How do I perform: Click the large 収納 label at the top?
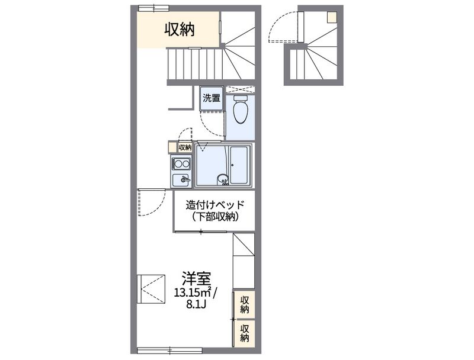tap(179, 28)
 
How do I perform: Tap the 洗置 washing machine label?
tap(212, 98)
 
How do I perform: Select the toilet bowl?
tap(240, 110)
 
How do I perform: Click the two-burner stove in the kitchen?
tap(181, 163)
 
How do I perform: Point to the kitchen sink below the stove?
tap(181, 179)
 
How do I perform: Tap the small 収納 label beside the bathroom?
tap(185, 147)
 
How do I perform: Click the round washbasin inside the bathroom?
tap(222, 178)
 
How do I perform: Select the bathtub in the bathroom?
tap(240, 165)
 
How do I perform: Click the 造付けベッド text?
tap(214, 205)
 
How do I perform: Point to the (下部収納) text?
tap(214, 217)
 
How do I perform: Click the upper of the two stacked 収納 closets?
tap(244, 305)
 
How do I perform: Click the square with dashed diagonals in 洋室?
tap(151, 289)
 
